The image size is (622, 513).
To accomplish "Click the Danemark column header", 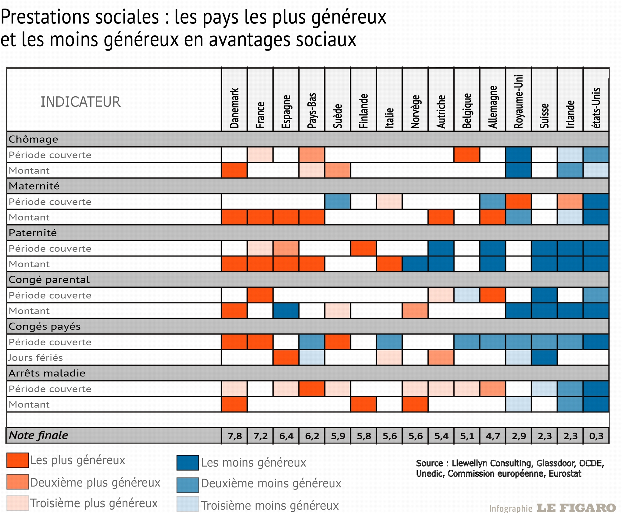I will [234, 108].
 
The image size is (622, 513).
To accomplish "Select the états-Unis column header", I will [596, 108].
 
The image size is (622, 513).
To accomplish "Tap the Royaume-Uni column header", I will [519, 102].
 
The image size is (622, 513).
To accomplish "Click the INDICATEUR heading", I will [80, 102].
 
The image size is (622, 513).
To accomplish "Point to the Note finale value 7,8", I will [234, 436].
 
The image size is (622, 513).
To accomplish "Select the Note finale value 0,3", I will [596, 436].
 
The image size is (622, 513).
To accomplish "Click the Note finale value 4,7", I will [493, 436].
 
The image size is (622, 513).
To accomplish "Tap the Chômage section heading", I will [33, 139].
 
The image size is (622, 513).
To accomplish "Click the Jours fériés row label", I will [36, 358].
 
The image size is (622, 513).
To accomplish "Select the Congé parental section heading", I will [49, 280].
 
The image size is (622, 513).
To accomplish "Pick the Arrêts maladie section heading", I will [47, 373].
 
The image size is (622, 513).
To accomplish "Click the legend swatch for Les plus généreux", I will [18, 460].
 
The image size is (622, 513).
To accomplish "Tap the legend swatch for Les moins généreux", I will [188, 463].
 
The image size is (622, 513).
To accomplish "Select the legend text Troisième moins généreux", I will [270, 505].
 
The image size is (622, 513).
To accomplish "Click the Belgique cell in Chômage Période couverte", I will [467, 155].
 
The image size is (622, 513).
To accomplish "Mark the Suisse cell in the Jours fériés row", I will [545, 358].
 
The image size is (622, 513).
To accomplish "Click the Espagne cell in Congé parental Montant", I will [286, 311].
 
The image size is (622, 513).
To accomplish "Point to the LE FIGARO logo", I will [576, 508].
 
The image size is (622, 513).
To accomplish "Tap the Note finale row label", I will [38, 435].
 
